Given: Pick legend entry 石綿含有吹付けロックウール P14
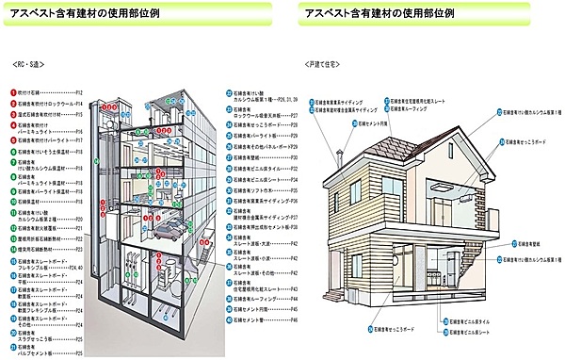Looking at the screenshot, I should (52, 104).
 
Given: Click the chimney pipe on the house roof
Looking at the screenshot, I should (336, 153).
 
